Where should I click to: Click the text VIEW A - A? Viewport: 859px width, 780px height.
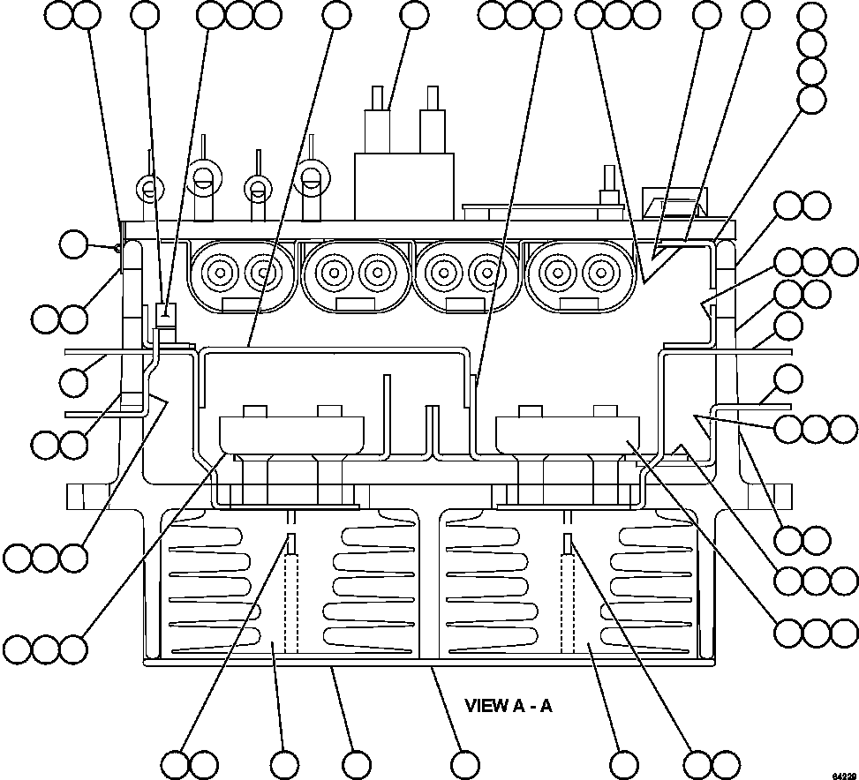click(x=508, y=706)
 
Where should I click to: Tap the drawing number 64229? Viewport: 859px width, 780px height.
click(x=842, y=774)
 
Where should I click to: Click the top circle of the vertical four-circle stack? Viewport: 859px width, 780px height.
click(x=810, y=15)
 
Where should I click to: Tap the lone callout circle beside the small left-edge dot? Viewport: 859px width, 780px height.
click(x=74, y=245)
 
